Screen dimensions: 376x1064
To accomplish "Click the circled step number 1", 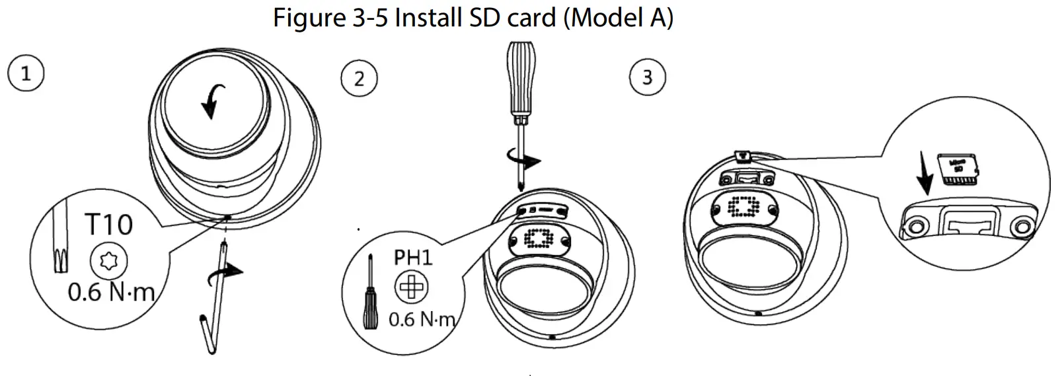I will (x=26, y=73).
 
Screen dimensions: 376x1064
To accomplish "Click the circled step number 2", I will (x=359, y=79).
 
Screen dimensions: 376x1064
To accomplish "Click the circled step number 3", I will (x=647, y=78).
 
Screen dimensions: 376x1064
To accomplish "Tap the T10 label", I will (x=108, y=225).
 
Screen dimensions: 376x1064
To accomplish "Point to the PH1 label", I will (x=413, y=257).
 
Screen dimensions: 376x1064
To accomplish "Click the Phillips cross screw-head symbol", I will (x=412, y=287).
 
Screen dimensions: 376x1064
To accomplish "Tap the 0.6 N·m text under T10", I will (x=111, y=291).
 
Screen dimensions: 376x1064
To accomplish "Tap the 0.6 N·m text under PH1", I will (x=422, y=320).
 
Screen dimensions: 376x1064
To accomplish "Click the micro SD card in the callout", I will (x=958, y=168).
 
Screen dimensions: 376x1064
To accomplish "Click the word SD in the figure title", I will (x=487, y=17).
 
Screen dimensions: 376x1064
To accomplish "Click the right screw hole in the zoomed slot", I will (x=1022, y=227).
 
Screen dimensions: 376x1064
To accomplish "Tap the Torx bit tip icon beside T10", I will (x=59, y=244).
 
